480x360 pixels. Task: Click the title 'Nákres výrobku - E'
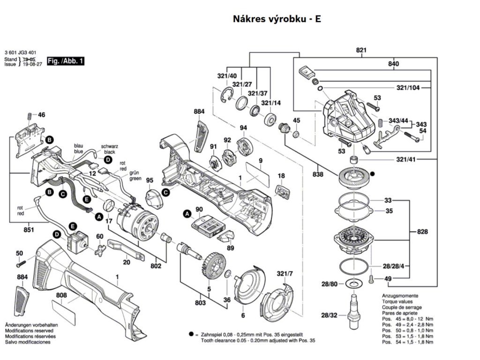[277, 19]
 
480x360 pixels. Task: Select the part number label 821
[361, 50]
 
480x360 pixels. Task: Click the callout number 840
[393, 64]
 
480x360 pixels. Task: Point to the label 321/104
[408, 88]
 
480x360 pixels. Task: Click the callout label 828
[421, 232]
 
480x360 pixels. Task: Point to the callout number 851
[29, 230]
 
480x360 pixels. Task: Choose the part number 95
[150, 180]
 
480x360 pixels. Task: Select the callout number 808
[61, 296]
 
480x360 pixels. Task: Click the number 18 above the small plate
[281, 176]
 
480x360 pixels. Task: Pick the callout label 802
[156, 266]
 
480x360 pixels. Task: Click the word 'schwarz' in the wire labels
[110, 147]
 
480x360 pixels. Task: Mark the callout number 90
[199, 209]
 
